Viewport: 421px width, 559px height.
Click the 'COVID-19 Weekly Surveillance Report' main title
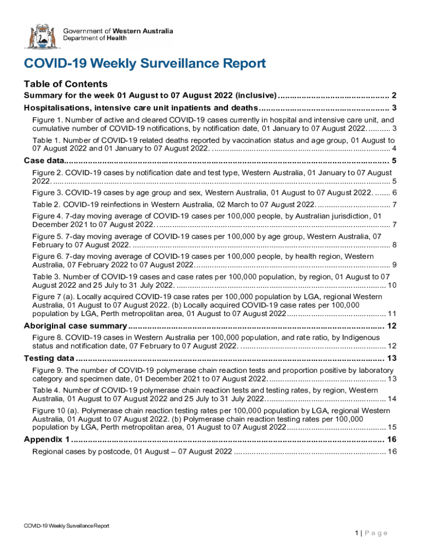[x=145, y=64]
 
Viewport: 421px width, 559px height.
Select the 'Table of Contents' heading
[x=66, y=84]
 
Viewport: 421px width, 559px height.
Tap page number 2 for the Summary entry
[x=394, y=96]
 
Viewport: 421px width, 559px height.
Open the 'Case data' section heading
[x=44, y=160]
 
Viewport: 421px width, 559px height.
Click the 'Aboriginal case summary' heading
[x=75, y=326]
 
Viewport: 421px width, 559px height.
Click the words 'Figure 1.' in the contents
[x=47, y=120]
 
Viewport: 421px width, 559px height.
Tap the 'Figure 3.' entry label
[x=48, y=193]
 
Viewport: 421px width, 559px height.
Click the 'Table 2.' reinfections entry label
[x=46, y=204]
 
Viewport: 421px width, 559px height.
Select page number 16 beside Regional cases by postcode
[x=391, y=451]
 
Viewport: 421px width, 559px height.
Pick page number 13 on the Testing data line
[x=391, y=358]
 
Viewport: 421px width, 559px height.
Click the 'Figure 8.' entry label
[x=48, y=337]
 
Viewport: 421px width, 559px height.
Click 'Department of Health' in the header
[x=95, y=38]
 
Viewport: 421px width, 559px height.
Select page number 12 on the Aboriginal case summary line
[x=391, y=326]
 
